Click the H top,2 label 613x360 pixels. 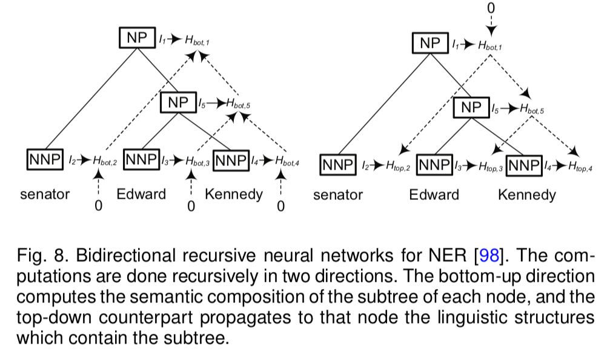pos(398,166)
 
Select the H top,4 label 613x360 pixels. pos(580,166)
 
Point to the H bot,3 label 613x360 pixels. pos(197,161)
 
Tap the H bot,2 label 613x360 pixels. pos(105,161)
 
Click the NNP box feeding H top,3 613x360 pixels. pos(434,165)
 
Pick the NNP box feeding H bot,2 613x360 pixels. pos(45,159)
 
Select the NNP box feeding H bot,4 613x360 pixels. pos(231,161)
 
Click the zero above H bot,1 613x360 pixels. pos(491,8)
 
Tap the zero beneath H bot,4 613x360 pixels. pos(280,206)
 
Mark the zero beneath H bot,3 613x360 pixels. pos(191,206)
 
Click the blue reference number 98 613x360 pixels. pos(489,256)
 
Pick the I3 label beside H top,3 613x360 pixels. pos(458,166)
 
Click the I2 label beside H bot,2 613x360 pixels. pos(72,161)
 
